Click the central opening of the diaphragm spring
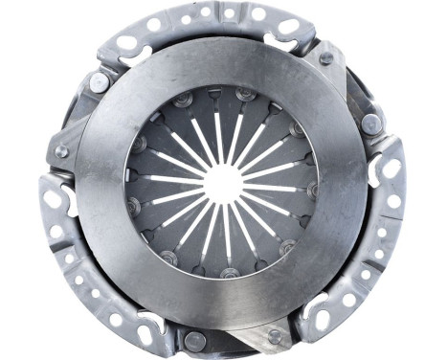point(223,180)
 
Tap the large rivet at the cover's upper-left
point(99,82)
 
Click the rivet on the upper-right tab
point(326,58)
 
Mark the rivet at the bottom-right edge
point(276,336)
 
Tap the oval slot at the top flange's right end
point(286,26)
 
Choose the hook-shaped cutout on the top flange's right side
point(278,43)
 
